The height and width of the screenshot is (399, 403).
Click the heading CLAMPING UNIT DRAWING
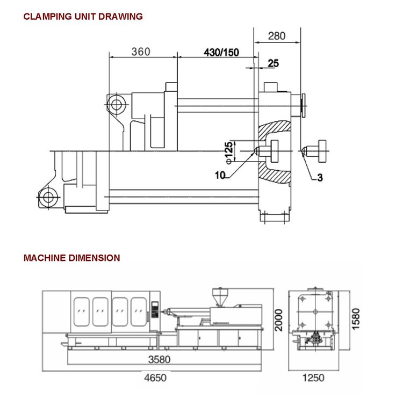[82, 16]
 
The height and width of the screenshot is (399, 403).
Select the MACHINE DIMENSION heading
[71, 258]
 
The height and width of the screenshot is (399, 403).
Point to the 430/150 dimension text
[221, 52]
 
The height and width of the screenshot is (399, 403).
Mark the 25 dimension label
[273, 63]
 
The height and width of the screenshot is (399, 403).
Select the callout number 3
[320, 178]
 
